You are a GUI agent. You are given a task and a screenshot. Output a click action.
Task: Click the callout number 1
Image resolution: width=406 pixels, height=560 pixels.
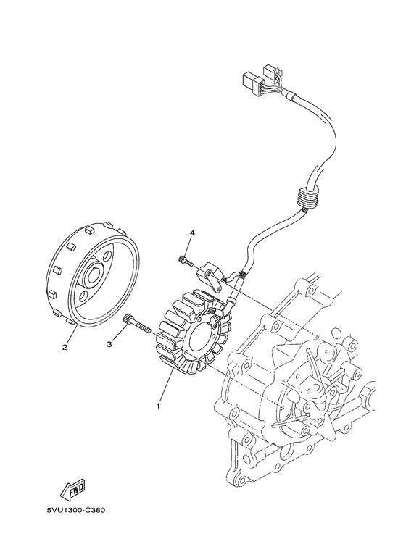tap(158, 406)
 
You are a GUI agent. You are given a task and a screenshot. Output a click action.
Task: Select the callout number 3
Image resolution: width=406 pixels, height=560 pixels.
tap(110, 344)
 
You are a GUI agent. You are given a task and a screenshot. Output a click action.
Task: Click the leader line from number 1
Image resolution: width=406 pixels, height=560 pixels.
tap(165, 388)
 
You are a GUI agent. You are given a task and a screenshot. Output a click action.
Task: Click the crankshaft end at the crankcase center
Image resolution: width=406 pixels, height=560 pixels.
tap(318, 391)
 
